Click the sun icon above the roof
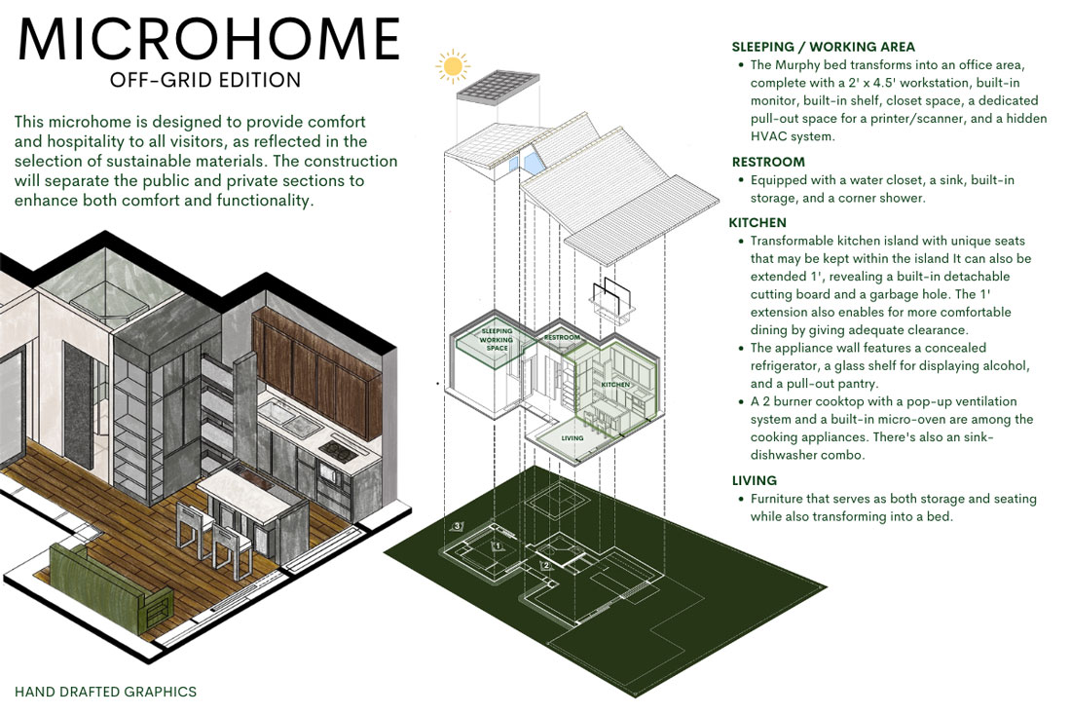tap(452, 66)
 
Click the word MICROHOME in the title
tap(208, 40)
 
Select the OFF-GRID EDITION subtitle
tap(205, 80)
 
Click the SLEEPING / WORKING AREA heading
tap(823, 47)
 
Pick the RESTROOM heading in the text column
tap(768, 162)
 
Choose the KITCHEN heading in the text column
tap(759, 223)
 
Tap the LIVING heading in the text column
tap(755, 480)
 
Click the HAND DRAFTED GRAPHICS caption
tap(106, 693)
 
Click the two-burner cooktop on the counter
tap(338, 449)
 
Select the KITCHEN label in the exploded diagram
tap(616, 386)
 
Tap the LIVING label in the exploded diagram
tap(572, 438)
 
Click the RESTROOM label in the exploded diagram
tap(562, 338)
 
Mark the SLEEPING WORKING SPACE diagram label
tap(497, 340)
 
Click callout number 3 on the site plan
tap(458, 527)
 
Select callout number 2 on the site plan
tap(546, 566)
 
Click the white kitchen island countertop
tap(240, 486)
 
